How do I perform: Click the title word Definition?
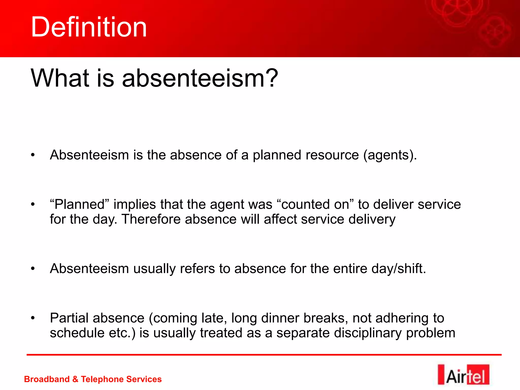pyautogui.click(x=89, y=27)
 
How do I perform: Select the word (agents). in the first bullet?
pyautogui.click(x=390, y=155)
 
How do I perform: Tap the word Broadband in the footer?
pyautogui.click(x=47, y=379)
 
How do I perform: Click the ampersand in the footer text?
pyautogui.click(x=75, y=379)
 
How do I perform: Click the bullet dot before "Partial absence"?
pyautogui.click(x=32, y=318)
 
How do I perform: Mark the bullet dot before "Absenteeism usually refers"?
pyautogui.click(x=32, y=269)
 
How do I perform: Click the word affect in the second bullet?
pyautogui.click(x=280, y=219)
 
